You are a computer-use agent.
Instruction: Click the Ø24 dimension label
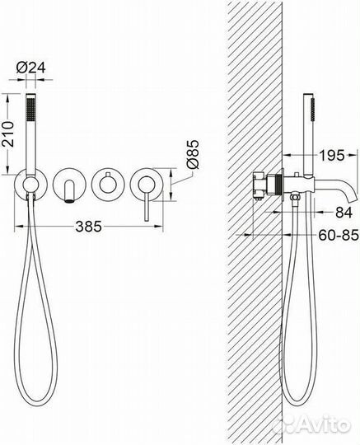click(30, 68)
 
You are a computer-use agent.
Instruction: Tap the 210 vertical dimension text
click(8, 134)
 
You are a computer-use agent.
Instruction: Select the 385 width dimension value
click(88, 226)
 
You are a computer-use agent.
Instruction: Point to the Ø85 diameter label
click(192, 154)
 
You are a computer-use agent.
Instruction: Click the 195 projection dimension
click(332, 155)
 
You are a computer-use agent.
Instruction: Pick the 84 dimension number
click(344, 213)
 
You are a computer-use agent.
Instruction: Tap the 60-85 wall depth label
click(339, 235)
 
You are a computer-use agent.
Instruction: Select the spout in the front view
click(69, 192)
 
